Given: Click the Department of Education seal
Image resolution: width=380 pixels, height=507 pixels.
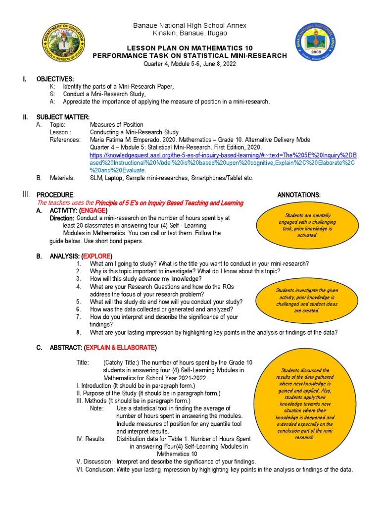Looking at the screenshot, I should (66, 43).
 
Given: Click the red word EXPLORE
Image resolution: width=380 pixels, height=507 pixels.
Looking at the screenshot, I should (97, 255).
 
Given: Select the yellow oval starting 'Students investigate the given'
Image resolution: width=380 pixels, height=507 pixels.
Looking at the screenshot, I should (307, 301).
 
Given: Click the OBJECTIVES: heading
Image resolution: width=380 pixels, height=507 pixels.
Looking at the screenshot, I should (55, 79).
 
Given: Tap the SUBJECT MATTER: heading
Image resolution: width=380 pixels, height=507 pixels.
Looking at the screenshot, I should (63, 117).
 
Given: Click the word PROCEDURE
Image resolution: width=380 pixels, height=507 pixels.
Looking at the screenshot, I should (55, 195).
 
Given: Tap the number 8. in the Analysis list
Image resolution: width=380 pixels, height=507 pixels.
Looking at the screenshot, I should (78, 332).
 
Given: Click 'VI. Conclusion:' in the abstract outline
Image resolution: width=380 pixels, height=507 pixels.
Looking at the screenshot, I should (95, 469).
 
